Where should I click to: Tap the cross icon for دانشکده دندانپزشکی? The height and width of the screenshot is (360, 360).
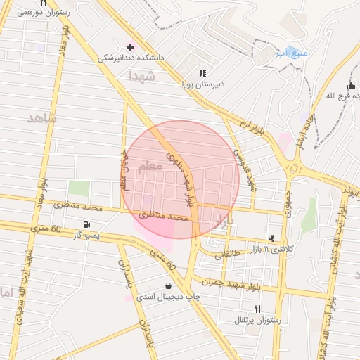[130, 46]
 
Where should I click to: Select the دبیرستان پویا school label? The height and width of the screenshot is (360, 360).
[202, 84]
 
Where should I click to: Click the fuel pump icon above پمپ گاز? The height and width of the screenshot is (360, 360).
[86, 224]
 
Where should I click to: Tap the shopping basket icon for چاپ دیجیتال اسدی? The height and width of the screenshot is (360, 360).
[168, 285]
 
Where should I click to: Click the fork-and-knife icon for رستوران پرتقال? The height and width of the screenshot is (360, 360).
[257, 309]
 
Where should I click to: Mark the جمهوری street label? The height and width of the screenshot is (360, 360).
[288, 201]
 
